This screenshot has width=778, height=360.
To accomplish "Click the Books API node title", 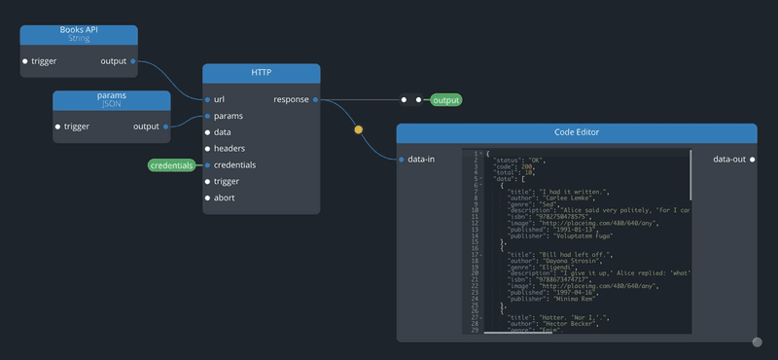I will click(79, 31).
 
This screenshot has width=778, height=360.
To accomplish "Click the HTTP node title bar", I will click(262, 73).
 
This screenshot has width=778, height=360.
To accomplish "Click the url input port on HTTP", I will click(207, 99).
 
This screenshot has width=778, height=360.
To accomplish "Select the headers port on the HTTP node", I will click(207, 149).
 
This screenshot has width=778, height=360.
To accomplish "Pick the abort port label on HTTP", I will click(226, 198).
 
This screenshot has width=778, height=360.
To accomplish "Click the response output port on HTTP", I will click(315, 99).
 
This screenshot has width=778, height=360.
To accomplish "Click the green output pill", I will click(446, 99).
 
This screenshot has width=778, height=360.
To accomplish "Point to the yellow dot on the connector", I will click(358, 128).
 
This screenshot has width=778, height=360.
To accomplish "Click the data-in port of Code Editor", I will click(401, 160).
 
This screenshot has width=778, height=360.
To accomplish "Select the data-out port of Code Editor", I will click(753, 160).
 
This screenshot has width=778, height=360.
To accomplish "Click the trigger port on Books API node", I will click(25, 61).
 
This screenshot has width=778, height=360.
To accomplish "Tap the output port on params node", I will click(166, 126).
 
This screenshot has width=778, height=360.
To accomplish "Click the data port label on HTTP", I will click(223, 132).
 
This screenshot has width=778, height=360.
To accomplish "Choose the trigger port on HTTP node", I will click(207, 182).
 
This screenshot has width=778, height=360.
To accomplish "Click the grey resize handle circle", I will click(757, 342).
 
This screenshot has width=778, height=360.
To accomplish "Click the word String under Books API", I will click(79, 39).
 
